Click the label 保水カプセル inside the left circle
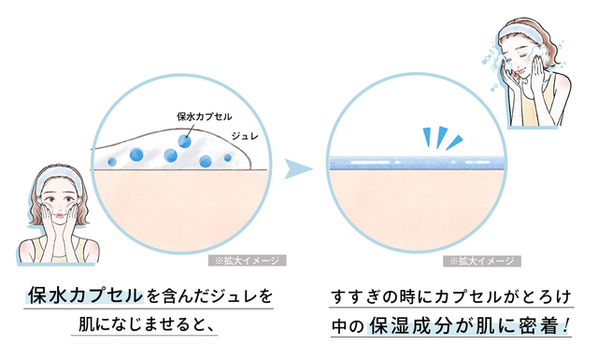205,116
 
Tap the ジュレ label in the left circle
245,136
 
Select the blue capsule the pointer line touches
185,141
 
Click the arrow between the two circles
298,168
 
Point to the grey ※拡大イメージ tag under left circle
247,260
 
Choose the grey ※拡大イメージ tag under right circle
482,261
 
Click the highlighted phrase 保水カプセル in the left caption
85,295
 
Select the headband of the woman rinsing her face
523,30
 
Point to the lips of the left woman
60,216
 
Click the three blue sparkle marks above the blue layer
442,137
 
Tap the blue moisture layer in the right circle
418,163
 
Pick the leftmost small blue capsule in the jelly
112,162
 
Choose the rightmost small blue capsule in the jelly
228,157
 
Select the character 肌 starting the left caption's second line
87,324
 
